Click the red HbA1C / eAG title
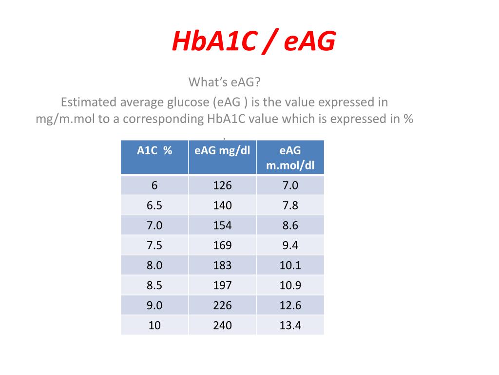253,41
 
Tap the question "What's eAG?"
224,82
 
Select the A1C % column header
154,157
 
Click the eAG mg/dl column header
222,157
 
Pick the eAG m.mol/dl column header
290,157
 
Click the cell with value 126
222,185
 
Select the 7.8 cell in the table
290,205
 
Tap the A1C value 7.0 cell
154,225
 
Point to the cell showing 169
222,245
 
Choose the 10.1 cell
290,265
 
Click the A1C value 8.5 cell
154,285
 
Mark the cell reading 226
222,305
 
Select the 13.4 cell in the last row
290,325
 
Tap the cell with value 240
222,325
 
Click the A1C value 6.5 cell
154,205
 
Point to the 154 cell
222,225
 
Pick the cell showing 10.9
290,285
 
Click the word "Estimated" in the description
89,102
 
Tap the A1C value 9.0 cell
154,305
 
